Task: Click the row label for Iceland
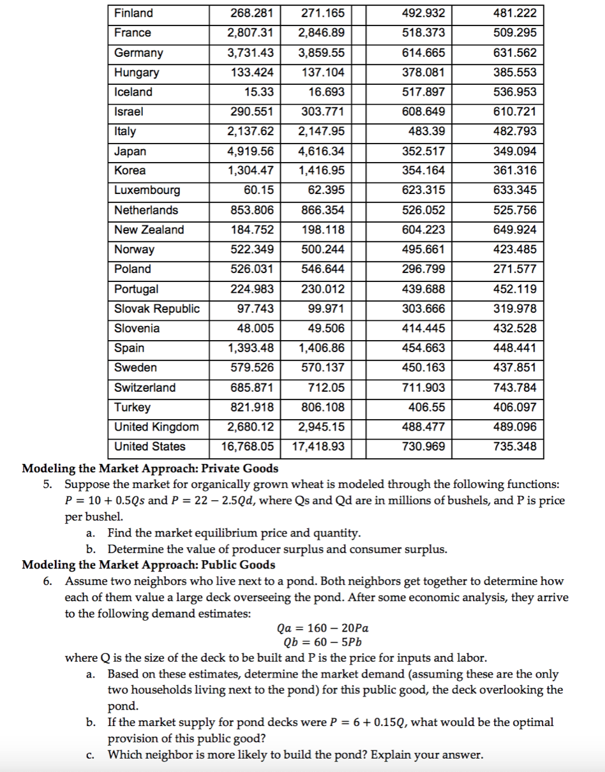pos(133,92)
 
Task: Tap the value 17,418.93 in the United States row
pos(322,447)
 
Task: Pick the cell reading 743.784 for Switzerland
pos(515,388)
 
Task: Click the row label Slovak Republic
pos(157,309)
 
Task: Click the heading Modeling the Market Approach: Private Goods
pos(150,469)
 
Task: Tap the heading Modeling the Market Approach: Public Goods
pos(149,565)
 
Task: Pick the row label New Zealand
pos(149,230)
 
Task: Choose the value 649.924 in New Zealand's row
pos(515,230)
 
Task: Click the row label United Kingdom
pos(156,427)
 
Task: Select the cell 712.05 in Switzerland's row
pos(327,388)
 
